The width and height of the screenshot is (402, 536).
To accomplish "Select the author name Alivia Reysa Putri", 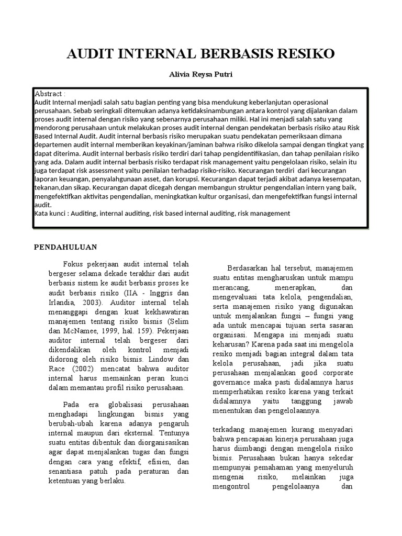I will click(201, 74).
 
